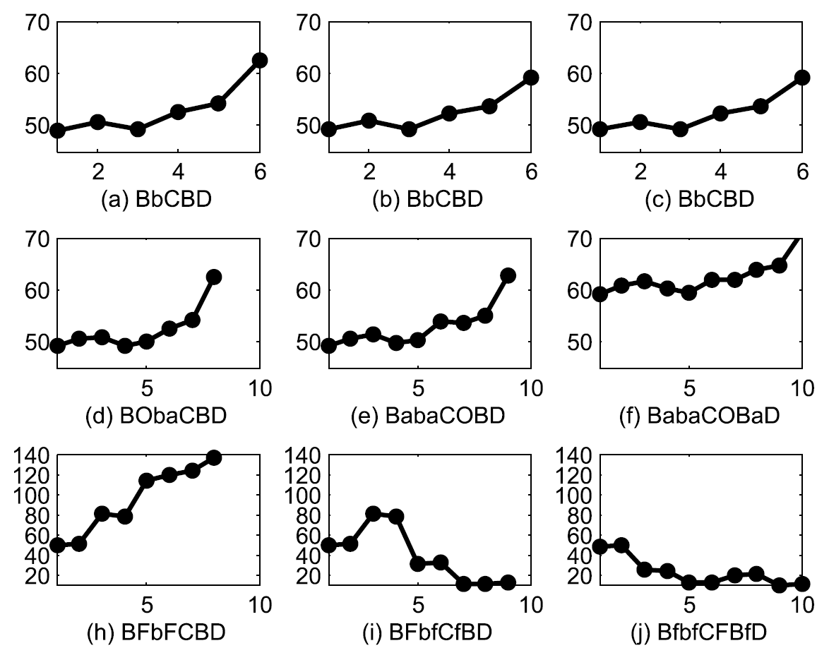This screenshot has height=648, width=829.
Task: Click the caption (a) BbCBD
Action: (158, 198)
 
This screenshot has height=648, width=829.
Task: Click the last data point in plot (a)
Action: (259, 60)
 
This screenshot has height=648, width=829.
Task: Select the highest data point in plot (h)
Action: (214, 457)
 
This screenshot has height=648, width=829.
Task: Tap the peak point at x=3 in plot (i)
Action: (373, 513)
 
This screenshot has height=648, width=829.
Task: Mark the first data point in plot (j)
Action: (600, 546)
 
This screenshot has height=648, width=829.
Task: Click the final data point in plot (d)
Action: (214, 277)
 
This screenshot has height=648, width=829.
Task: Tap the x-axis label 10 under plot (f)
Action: (801, 388)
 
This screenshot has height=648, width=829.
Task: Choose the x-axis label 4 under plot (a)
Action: (178, 172)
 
